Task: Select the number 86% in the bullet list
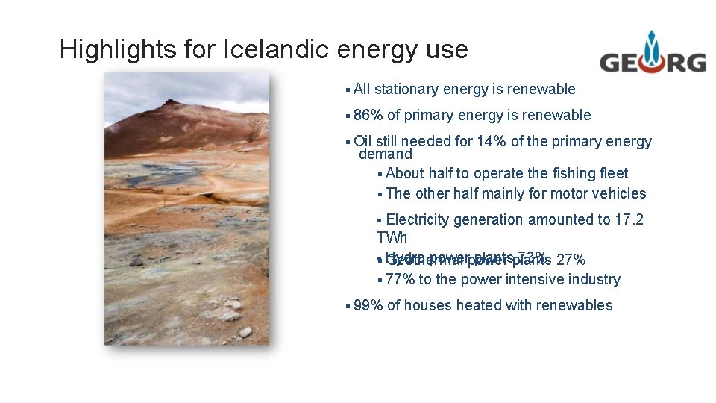pyautogui.click(x=368, y=115)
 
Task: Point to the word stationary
pyautogui.click(x=406, y=90)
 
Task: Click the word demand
pyautogui.click(x=386, y=154)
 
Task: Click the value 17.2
pyautogui.click(x=630, y=219)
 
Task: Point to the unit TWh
pyautogui.click(x=392, y=238)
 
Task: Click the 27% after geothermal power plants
pyautogui.click(x=571, y=260)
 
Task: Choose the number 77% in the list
pyautogui.click(x=401, y=279)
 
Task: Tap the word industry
pyautogui.click(x=593, y=279)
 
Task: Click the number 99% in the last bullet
pyautogui.click(x=368, y=305)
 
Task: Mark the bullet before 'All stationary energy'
pyautogui.click(x=348, y=90)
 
